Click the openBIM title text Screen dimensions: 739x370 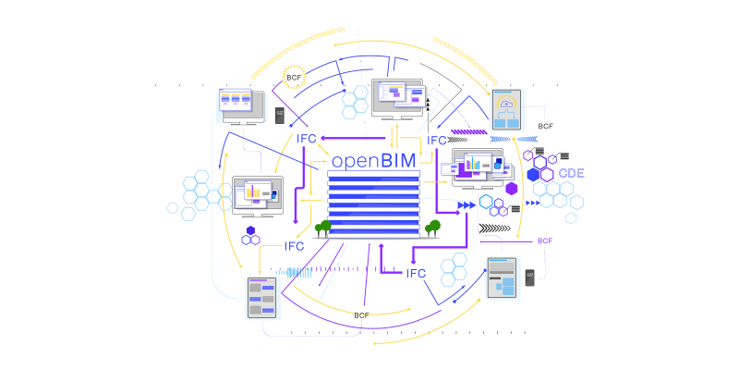(374, 161)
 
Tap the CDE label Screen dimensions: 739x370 (571, 173)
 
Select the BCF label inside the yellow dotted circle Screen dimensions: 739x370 (294, 77)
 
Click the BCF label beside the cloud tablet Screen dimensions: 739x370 (545, 126)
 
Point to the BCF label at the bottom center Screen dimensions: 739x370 (361, 315)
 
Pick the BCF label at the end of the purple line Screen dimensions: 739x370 (545, 240)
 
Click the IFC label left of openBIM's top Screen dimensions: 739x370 (307, 139)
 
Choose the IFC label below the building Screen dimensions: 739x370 (417, 273)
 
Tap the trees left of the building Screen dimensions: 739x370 (322, 228)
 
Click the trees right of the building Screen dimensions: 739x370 (432, 228)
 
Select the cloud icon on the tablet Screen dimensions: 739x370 (506, 104)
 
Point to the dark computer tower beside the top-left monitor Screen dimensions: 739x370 (280, 116)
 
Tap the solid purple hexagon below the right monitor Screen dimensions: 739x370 (512, 189)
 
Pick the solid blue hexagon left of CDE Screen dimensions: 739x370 (533, 175)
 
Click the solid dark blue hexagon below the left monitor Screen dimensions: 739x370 (250, 230)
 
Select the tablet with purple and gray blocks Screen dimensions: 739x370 (261, 298)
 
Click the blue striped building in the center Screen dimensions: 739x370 (374, 204)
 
